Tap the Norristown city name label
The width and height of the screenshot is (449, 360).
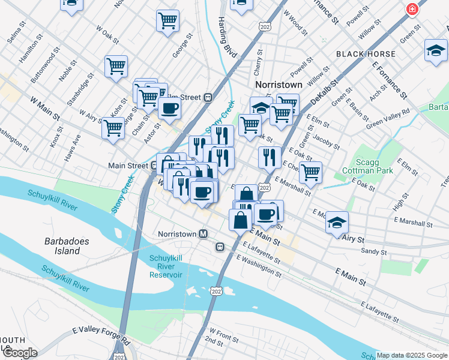click(279, 85)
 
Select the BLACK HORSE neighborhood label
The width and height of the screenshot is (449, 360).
click(366, 54)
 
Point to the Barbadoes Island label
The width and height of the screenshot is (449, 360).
click(67, 246)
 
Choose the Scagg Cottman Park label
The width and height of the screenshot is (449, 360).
click(372, 165)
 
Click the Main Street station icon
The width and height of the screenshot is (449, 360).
click(152, 166)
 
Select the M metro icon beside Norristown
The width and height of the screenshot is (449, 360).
click(203, 233)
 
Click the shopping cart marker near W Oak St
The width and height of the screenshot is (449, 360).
click(116, 66)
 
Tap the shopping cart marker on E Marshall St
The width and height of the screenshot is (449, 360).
click(310, 172)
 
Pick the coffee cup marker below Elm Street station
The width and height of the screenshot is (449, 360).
click(169, 109)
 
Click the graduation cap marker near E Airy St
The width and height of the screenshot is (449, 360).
click(337, 222)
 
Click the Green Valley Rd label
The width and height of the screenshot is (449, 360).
click(387, 116)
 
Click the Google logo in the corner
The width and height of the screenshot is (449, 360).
click(20, 353)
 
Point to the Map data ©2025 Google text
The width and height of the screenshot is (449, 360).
click(411, 355)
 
